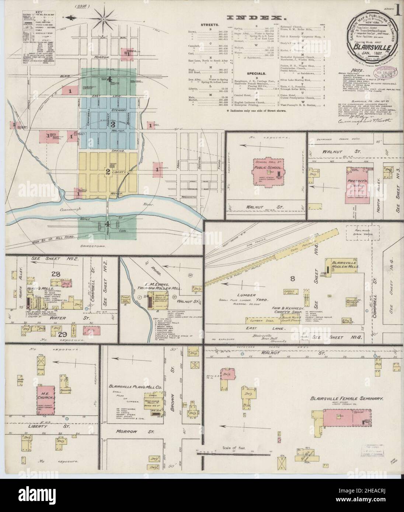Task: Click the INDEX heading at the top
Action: coord(257,17)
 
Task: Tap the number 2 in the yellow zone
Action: coord(108,172)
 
